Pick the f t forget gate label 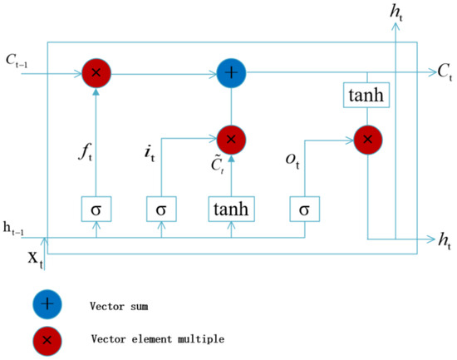click(81, 153)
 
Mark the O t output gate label click(289, 157)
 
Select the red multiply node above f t click(96, 73)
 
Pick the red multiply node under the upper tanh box click(366, 140)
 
